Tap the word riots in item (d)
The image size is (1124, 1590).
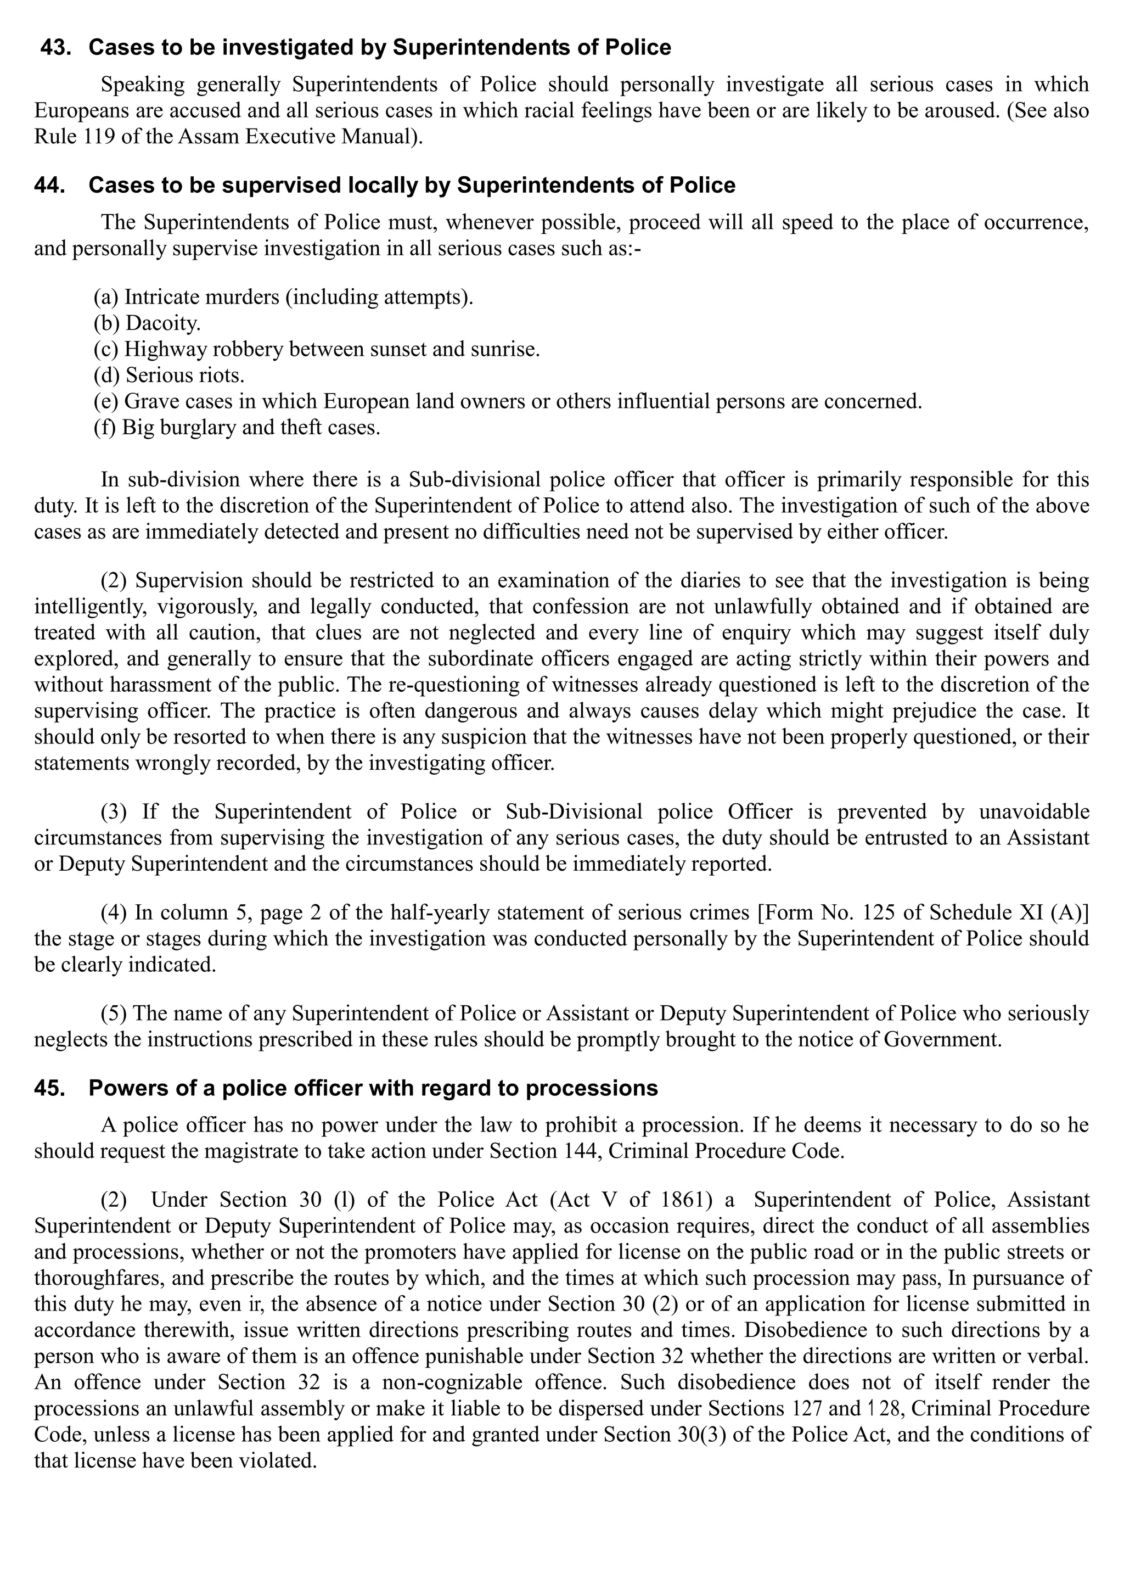click(x=222, y=376)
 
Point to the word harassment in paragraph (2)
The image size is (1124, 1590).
click(x=154, y=684)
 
